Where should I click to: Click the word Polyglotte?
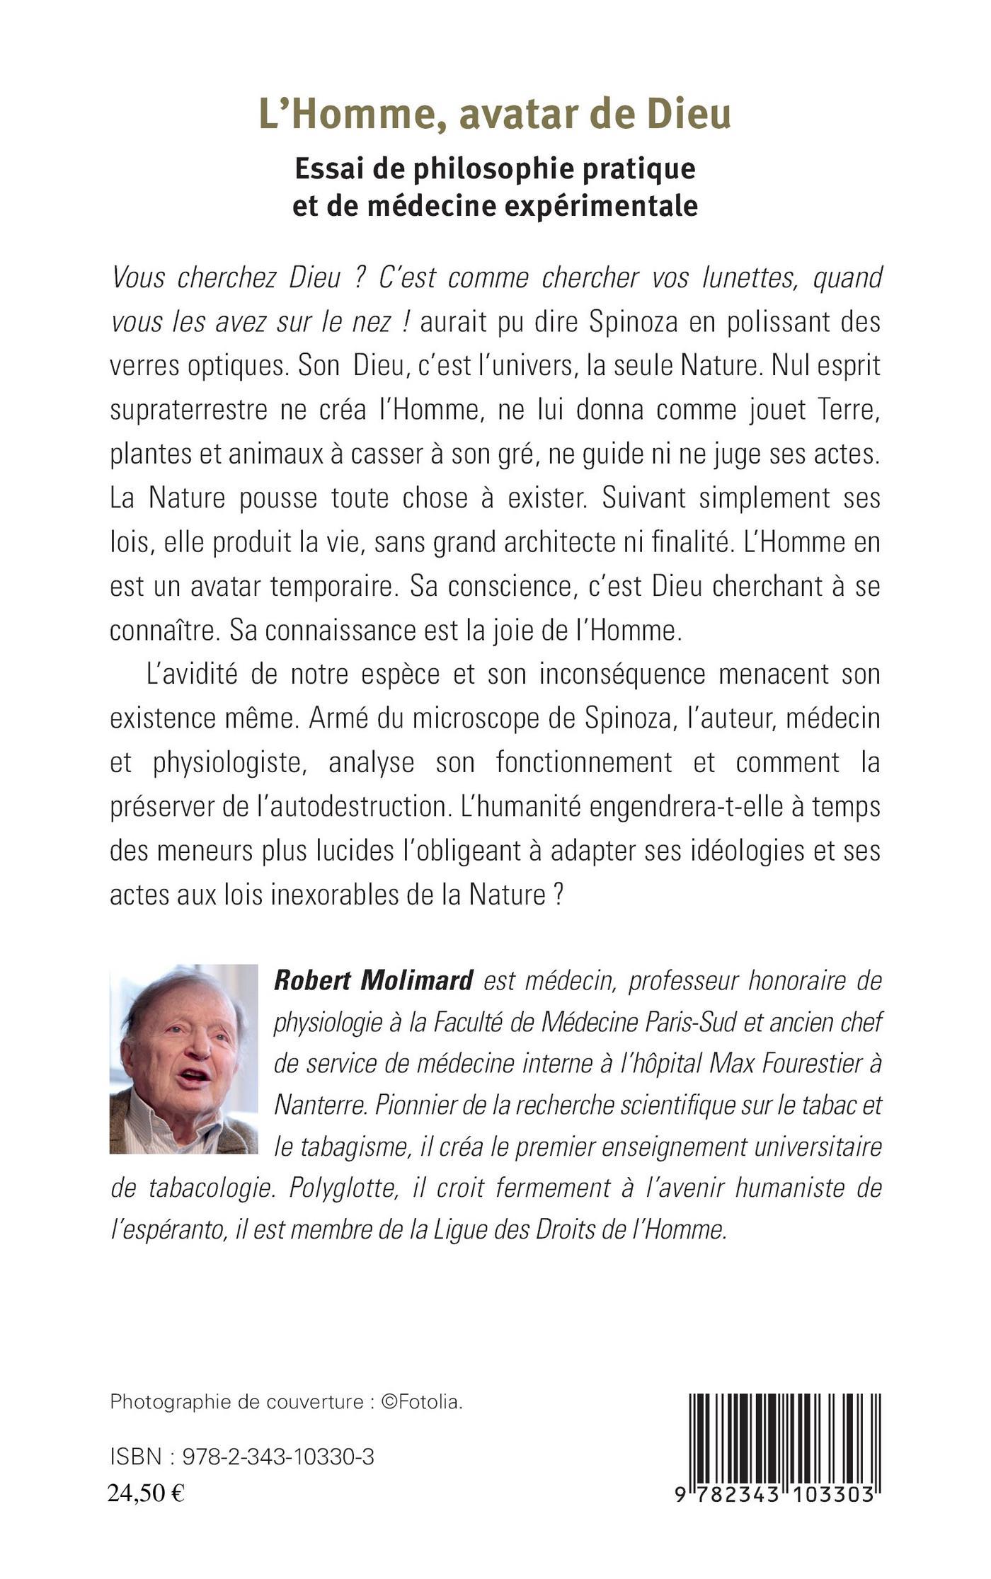coord(336,1188)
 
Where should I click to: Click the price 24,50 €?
coord(146,1491)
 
